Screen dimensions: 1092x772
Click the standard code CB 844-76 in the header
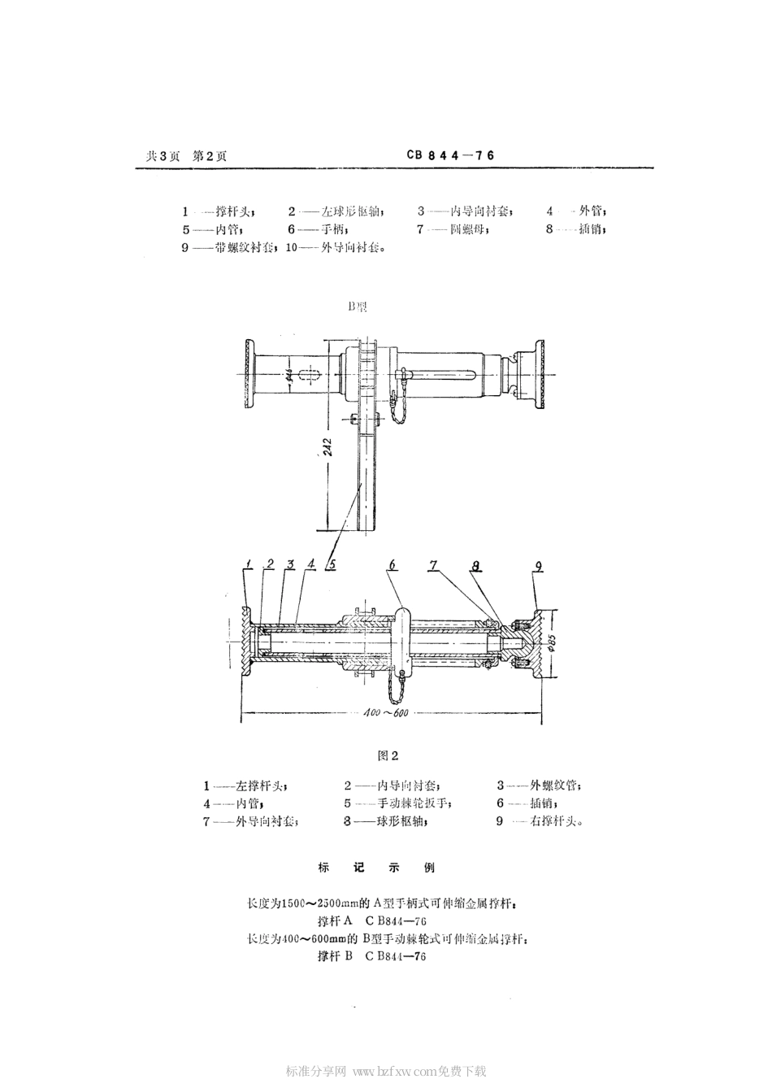(450, 156)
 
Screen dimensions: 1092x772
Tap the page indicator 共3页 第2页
(186, 157)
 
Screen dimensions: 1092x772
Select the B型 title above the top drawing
(358, 307)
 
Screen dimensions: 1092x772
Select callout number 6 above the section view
(392, 565)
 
